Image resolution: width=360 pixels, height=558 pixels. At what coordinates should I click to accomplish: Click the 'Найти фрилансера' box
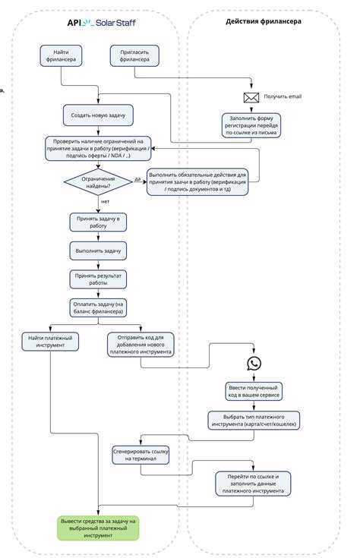[x=62, y=56]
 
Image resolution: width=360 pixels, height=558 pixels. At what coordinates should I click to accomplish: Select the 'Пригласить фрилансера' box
[x=135, y=56]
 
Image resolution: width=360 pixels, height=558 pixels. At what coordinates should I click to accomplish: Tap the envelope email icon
[x=251, y=97]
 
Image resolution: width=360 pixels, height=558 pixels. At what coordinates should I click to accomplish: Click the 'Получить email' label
[x=283, y=97]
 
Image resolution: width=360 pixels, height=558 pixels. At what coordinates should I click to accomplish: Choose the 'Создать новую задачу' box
[x=99, y=115]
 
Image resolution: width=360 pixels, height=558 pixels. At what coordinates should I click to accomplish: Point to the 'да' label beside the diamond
[x=137, y=179]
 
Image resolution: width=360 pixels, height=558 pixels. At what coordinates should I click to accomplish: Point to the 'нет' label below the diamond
[x=105, y=202]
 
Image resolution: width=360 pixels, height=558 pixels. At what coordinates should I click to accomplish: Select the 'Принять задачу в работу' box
[x=98, y=222]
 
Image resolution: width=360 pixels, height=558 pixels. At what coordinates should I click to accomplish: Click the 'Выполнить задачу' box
[x=98, y=249]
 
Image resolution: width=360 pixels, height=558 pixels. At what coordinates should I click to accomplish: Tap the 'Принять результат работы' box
[x=98, y=278]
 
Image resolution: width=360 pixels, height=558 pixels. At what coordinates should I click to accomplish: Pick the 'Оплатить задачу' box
[x=98, y=307]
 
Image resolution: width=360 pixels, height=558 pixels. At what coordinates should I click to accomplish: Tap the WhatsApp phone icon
[x=254, y=364]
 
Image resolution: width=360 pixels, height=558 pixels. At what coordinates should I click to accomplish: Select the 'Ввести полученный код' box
[x=254, y=391]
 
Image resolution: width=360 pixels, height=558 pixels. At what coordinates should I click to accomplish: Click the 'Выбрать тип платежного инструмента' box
[x=254, y=420]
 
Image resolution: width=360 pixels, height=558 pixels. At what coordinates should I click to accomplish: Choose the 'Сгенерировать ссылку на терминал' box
[x=141, y=456]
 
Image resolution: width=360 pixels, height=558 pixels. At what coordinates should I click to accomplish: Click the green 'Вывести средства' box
[x=98, y=528]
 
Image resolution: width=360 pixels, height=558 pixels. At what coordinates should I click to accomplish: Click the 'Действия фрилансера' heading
[x=263, y=21]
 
